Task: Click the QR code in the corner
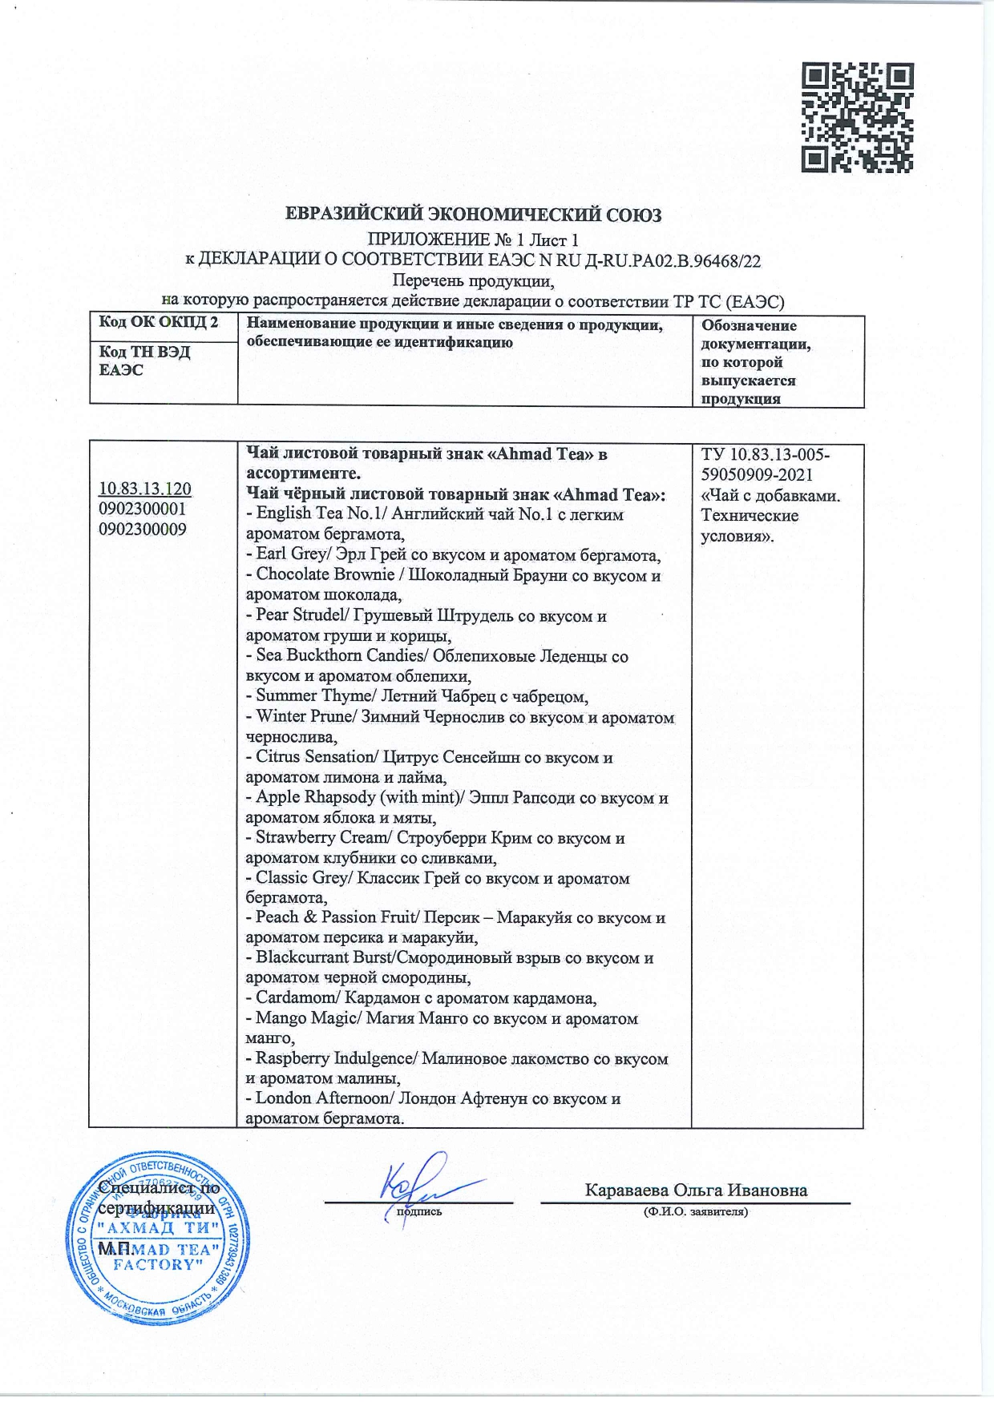pos(858,118)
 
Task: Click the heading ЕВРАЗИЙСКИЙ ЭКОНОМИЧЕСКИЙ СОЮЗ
pos(474,215)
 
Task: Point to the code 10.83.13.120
pos(144,489)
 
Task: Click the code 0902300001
pos(142,510)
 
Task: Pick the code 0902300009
pos(142,529)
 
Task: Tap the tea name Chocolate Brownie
pos(325,574)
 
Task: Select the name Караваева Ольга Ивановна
pos(696,1190)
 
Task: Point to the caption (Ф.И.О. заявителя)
pos(695,1212)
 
